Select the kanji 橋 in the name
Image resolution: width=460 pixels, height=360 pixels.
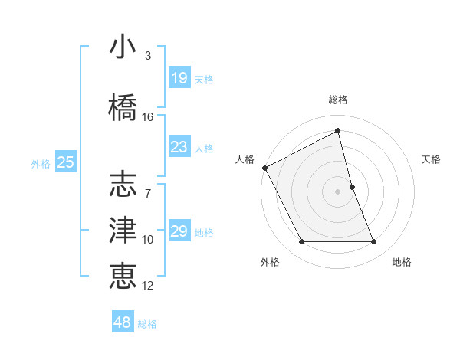point(123,106)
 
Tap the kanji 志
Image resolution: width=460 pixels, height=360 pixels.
point(123,185)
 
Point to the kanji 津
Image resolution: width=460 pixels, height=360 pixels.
point(123,230)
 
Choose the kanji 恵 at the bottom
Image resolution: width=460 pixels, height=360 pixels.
point(123,275)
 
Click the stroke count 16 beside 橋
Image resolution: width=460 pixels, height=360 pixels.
point(148,116)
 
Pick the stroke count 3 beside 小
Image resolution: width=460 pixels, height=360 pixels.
point(147,56)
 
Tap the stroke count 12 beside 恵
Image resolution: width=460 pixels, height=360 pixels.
point(148,286)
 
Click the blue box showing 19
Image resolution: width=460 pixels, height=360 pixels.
point(179,77)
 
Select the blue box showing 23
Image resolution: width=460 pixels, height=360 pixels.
point(179,146)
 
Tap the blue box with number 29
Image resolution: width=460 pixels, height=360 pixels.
point(179,231)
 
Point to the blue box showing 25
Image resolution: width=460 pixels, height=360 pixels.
point(65,162)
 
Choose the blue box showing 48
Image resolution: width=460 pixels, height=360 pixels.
point(123,322)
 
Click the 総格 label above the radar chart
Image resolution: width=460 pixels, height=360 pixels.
point(338,100)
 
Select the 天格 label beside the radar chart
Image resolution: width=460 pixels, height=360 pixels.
point(432,159)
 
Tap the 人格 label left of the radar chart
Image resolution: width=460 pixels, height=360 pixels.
point(245,159)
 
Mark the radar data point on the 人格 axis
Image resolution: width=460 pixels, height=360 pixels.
point(264,168)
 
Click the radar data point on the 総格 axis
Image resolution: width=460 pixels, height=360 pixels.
point(338,132)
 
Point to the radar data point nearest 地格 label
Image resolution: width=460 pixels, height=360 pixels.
point(374,242)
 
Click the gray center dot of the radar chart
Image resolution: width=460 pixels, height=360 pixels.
point(338,191)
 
